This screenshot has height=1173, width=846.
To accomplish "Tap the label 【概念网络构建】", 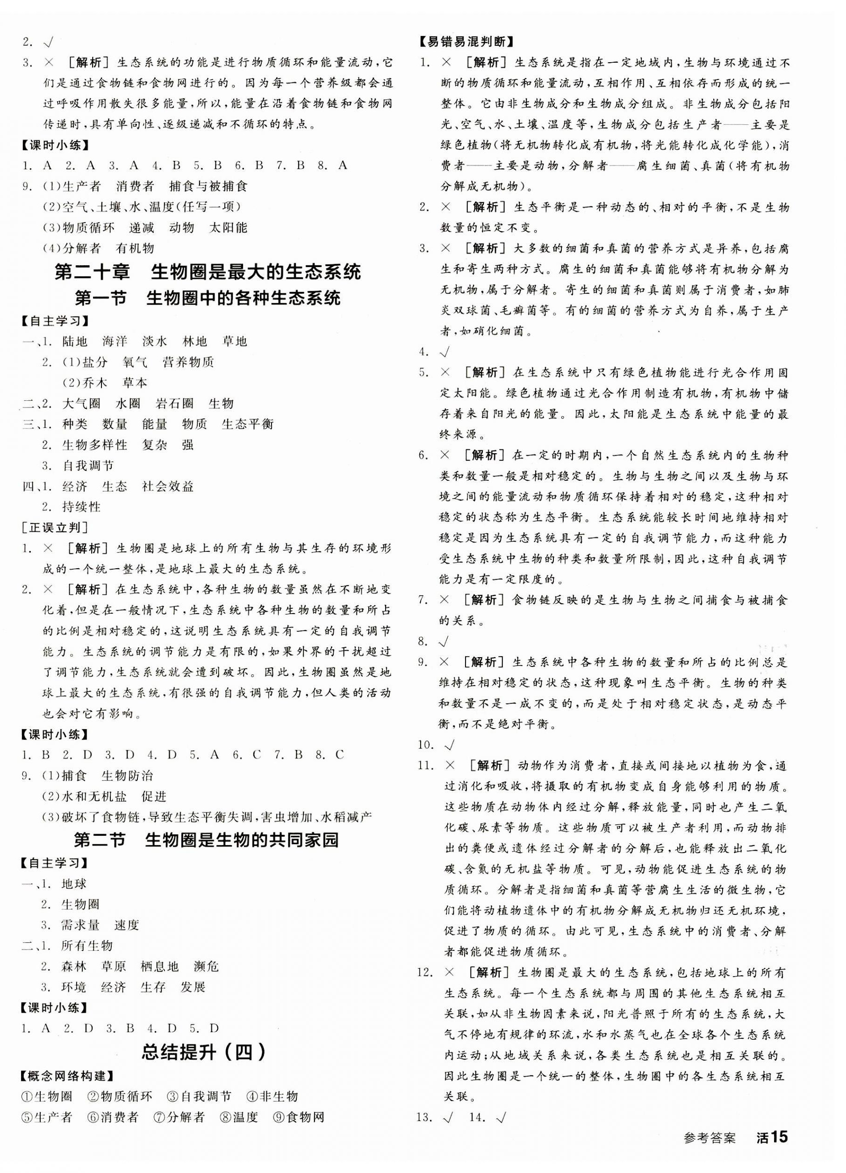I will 68,1076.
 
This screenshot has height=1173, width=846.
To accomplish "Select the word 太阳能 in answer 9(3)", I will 228,228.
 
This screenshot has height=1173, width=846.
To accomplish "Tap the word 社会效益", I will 168,486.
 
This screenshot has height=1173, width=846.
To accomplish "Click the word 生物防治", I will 127,776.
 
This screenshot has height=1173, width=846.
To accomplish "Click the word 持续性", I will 81,507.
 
